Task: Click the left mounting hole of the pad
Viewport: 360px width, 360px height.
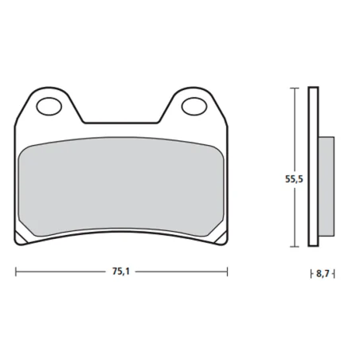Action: [49, 105]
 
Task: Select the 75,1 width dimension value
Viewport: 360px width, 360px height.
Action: [119, 272]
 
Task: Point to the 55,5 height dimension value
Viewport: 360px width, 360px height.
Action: [294, 180]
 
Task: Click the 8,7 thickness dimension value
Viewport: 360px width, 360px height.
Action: [321, 273]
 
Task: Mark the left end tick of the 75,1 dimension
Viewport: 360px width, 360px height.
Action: [16, 272]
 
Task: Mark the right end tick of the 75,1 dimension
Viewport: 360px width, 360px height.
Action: [228, 272]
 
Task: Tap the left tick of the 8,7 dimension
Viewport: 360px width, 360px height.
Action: [309, 273]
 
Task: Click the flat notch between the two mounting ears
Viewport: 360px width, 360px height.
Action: [120, 123]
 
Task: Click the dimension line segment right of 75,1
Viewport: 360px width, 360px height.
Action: [180, 272]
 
